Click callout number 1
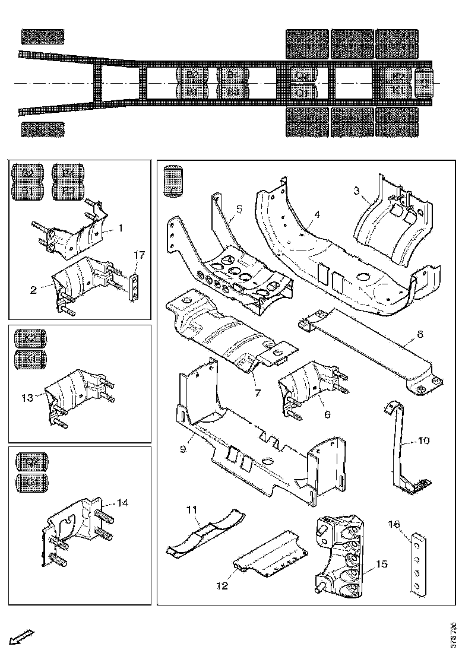point(121,227)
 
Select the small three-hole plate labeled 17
point(137,286)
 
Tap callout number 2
point(33,290)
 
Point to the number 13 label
point(28,398)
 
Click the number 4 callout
point(317,214)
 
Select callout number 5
point(239,208)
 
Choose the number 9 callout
point(183,449)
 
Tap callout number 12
point(222,586)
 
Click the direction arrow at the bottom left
point(22,636)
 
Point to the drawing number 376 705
point(454,633)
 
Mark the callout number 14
point(122,503)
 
